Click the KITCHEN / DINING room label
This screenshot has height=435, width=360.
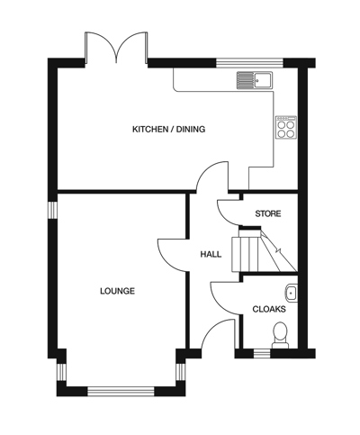click(x=168, y=130)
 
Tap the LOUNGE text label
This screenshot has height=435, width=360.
click(x=117, y=291)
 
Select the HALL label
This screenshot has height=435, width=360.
click(x=211, y=255)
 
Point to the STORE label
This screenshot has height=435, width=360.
click(x=268, y=213)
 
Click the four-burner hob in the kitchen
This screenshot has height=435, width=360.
click(x=285, y=128)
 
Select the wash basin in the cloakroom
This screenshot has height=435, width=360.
click(x=290, y=292)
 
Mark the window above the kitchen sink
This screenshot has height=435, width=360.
click(x=238, y=63)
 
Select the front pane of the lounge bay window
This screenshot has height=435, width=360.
click(x=121, y=391)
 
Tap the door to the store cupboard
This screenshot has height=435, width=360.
click(x=230, y=213)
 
